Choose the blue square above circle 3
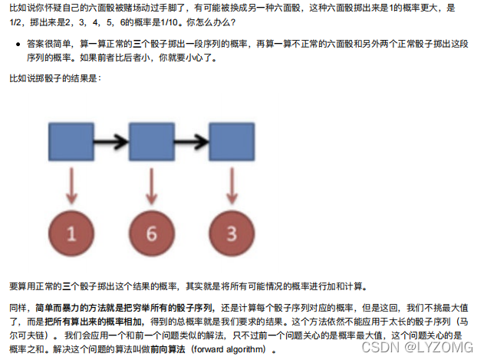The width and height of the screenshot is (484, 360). pos(232,143)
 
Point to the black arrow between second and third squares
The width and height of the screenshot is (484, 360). pos(192,143)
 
